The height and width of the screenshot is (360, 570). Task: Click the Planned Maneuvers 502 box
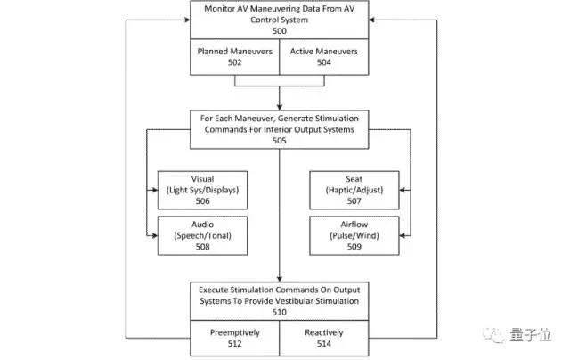[x=235, y=57]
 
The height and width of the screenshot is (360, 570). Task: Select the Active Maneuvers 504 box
[x=325, y=57]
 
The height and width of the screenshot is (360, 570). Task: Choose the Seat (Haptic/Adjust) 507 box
[x=355, y=189]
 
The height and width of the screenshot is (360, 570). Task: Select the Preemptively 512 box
[x=235, y=338]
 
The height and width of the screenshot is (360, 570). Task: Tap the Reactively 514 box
[x=325, y=338]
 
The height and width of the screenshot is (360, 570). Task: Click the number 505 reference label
[x=280, y=139]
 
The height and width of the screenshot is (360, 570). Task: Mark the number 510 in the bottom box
[x=280, y=311]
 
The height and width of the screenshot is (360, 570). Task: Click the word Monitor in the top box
[x=218, y=8]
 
